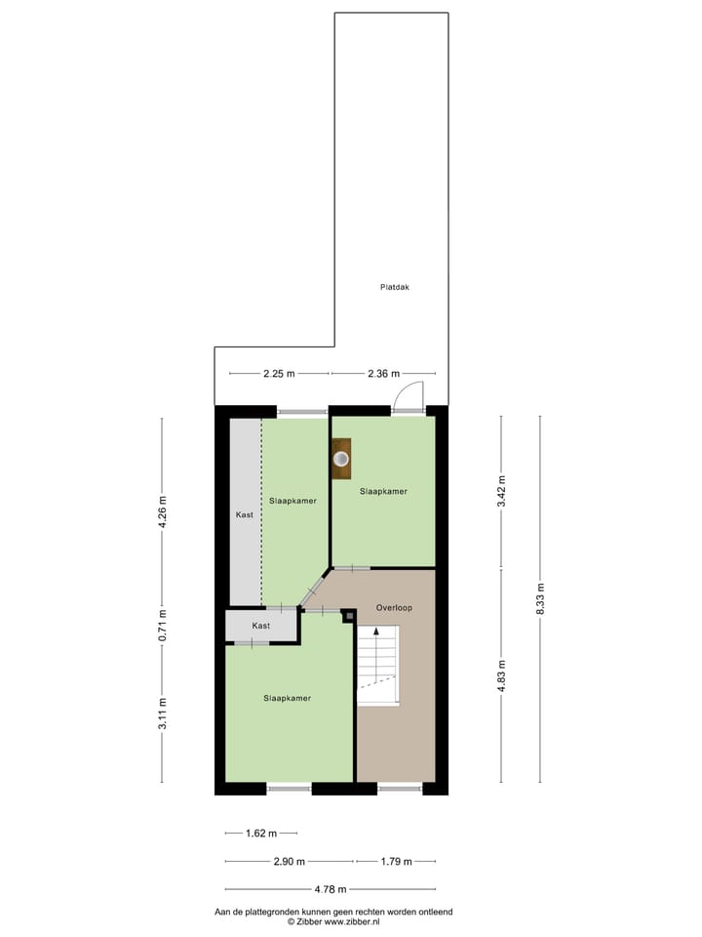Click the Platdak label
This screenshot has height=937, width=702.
point(394,287)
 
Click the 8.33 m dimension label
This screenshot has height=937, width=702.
point(541,599)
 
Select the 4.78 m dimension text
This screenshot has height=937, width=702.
point(330,889)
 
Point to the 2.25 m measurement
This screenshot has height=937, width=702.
point(279,373)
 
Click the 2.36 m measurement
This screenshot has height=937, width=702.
point(383,373)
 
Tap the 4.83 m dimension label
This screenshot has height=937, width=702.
point(502,674)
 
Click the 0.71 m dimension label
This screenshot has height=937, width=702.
point(163,625)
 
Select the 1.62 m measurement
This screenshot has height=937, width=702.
point(260,834)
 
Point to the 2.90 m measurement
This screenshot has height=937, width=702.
point(289,862)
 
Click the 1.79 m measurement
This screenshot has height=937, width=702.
point(396,862)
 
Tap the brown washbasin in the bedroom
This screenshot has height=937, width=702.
point(341,459)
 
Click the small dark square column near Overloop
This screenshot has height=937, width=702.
point(349,616)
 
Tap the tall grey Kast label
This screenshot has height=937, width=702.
point(246,513)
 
